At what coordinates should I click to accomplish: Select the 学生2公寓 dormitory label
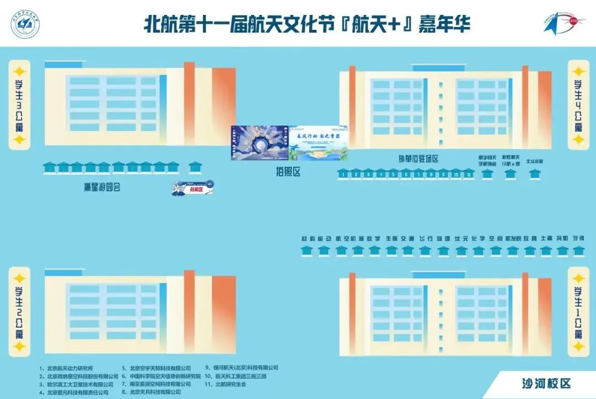click(19, 311)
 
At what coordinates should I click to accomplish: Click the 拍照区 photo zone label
click(288, 172)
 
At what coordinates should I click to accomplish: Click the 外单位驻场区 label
click(418, 159)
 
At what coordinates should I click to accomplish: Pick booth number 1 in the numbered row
click(343, 174)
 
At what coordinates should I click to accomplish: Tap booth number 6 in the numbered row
click(406, 174)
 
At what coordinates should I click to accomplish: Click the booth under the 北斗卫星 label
click(534, 174)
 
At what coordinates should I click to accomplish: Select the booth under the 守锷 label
click(578, 250)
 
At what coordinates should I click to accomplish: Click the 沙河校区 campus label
click(546, 383)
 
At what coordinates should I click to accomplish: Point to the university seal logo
click(25, 25)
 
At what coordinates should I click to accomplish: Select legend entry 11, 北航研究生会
click(228, 384)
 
